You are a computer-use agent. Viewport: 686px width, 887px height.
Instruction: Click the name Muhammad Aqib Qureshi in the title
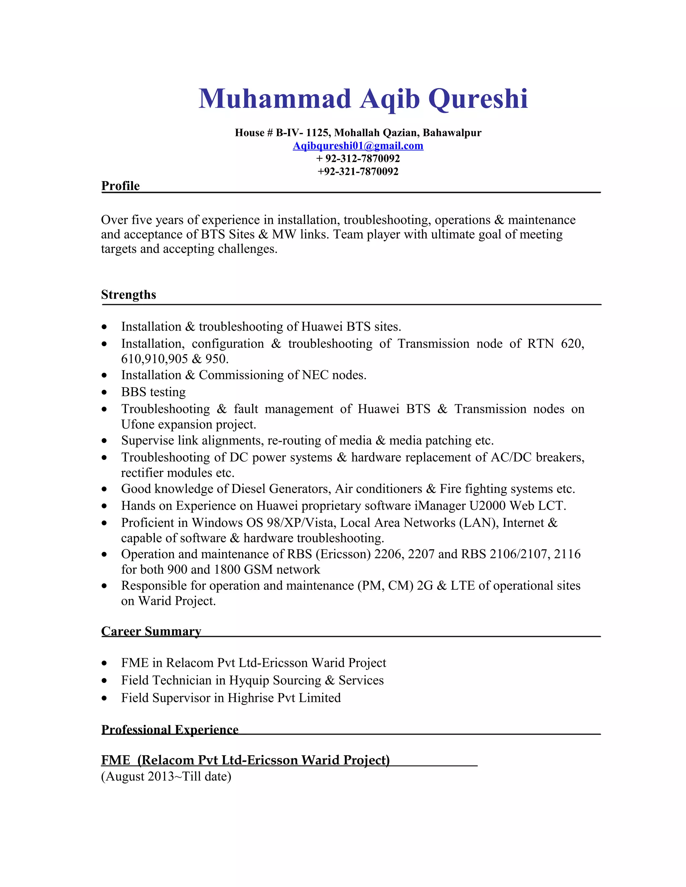click(x=363, y=99)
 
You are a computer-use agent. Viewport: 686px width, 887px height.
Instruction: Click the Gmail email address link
click(x=358, y=146)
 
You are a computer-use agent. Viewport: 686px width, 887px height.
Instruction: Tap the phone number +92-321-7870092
click(x=358, y=171)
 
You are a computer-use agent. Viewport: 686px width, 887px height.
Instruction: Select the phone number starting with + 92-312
click(x=358, y=158)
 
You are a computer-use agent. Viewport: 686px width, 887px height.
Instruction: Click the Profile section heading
click(x=120, y=186)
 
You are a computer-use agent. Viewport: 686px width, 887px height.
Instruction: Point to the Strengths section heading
click(x=128, y=295)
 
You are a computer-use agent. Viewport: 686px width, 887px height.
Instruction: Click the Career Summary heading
click(x=151, y=631)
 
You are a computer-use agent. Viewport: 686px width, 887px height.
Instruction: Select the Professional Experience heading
click(x=170, y=729)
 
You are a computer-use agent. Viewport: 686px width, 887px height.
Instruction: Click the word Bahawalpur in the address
click(x=452, y=133)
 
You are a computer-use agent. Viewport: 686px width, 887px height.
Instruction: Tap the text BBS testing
click(x=153, y=392)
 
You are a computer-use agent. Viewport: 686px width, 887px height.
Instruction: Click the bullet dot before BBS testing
click(x=105, y=393)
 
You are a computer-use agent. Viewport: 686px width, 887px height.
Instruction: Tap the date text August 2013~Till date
click(x=166, y=776)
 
